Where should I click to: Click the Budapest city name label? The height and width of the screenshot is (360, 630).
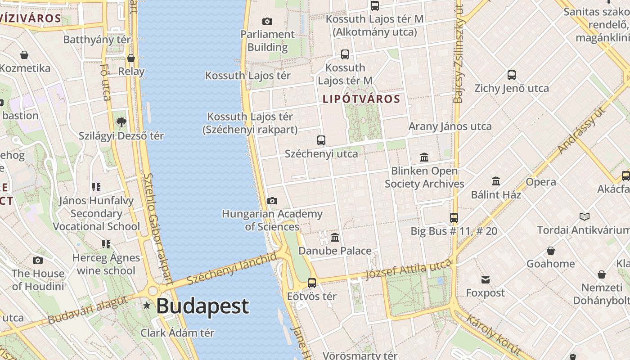(202, 306)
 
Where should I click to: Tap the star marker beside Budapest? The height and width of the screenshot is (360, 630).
(147, 306)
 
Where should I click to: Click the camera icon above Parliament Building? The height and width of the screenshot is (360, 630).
(267, 21)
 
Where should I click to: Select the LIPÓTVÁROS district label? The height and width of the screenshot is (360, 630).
(361, 99)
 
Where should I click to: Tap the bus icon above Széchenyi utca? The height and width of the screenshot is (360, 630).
(321, 140)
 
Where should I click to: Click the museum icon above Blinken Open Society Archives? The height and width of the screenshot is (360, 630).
(424, 157)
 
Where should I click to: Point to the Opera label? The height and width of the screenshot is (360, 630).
(541, 182)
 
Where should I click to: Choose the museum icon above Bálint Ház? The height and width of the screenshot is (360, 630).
(496, 181)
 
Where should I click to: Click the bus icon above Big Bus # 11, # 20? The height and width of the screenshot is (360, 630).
(454, 218)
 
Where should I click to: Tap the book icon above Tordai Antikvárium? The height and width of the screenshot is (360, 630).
(585, 217)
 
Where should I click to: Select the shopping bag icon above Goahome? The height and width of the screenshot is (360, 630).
(551, 251)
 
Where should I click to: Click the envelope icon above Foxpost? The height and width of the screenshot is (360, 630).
(485, 280)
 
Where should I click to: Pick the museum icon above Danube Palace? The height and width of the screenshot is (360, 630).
(335, 238)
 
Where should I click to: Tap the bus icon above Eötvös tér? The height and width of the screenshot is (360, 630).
(312, 283)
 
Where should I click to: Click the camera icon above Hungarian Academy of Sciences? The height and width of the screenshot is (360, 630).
(272, 201)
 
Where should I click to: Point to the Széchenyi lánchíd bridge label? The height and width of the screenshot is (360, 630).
(232, 269)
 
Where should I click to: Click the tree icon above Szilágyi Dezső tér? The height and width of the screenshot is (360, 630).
(121, 122)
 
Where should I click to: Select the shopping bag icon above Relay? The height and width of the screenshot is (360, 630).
(131, 58)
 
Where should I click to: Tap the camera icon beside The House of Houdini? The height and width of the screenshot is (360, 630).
(38, 260)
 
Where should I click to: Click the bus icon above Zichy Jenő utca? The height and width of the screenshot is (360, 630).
(512, 75)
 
